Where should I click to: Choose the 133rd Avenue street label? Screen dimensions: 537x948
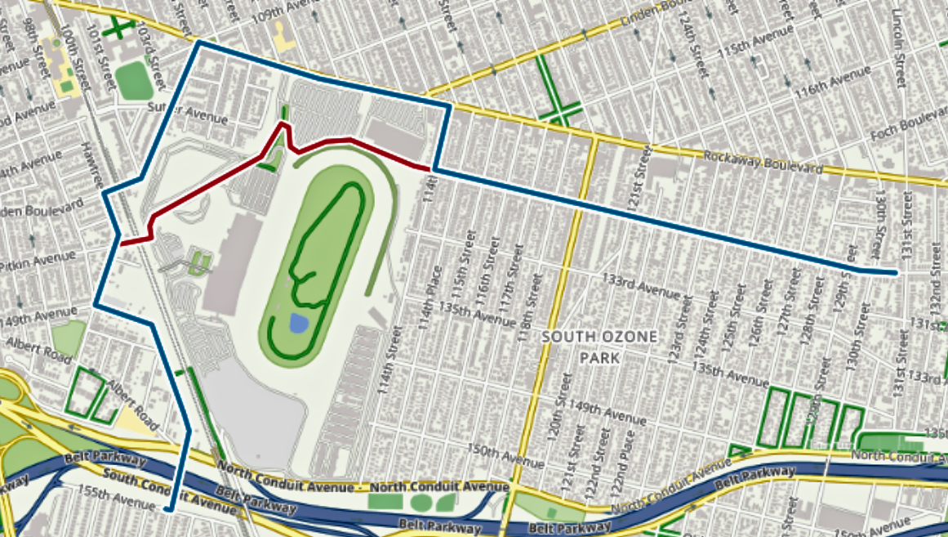click(x=641, y=285)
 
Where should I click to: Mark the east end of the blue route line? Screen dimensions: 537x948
click(x=897, y=271)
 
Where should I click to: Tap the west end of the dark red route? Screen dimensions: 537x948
click(x=121, y=244)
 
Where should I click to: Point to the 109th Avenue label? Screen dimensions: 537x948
click(x=251, y=13)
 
